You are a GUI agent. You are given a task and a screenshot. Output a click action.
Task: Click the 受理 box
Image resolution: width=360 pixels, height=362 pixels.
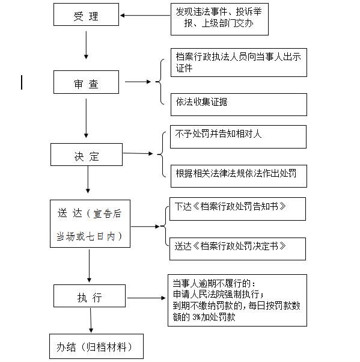[86, 14]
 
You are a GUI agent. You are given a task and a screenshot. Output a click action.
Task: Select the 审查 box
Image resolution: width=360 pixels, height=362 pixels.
[86, 82]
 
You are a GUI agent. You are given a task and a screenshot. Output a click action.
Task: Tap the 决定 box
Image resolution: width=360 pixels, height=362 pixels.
[87, 155]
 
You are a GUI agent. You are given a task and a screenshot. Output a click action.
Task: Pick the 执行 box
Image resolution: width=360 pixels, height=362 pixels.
[90, 296]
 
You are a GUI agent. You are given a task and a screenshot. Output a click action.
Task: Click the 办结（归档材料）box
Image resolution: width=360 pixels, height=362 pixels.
[97, 346]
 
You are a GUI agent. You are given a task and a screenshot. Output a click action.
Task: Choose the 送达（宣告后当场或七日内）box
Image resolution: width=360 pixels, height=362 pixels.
[90, 224]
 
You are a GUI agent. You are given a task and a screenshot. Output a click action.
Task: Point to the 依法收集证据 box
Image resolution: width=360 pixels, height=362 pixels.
[239, 105]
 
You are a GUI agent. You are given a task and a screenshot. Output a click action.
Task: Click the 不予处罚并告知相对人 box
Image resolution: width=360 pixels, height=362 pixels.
[238, 137]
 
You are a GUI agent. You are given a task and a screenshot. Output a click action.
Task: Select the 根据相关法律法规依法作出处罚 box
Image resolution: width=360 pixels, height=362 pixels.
[239, 176]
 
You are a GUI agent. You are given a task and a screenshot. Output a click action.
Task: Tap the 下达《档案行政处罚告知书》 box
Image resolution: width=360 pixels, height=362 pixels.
[237, 209]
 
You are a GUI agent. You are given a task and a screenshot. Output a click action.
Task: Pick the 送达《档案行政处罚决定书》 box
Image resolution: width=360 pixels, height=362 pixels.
[237, 249]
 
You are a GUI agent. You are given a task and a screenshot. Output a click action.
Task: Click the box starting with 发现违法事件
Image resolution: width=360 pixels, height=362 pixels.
[219, 19]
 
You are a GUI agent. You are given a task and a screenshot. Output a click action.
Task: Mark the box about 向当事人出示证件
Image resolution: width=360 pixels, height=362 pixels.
[239, 63]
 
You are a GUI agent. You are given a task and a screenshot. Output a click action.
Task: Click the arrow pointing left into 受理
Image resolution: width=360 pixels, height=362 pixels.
[145, 16]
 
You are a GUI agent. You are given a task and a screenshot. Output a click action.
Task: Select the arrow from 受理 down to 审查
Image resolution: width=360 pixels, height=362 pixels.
[86, 45]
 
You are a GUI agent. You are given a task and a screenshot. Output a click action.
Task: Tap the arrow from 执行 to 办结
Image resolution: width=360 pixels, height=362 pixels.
[91, 321]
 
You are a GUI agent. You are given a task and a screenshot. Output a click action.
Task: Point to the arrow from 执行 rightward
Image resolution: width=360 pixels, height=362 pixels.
[146, 298]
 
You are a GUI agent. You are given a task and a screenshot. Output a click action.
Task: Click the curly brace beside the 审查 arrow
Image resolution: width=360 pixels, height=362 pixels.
[161, 82]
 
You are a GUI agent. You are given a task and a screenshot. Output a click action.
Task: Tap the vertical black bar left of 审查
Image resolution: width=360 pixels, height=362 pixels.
[22, 82]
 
